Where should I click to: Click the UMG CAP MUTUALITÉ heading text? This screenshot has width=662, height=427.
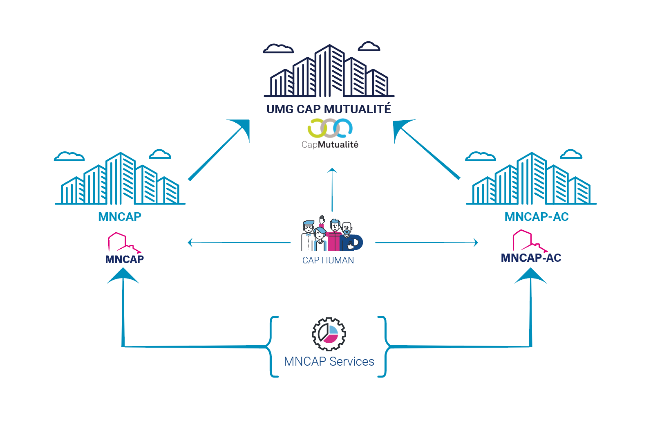point(329,109)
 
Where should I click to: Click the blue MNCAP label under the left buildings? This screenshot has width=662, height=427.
point(120,217)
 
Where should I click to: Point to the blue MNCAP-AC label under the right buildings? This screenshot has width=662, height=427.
point(537,217)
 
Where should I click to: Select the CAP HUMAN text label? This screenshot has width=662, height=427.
point(328,261)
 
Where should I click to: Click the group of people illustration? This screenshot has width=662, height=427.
point(331,235)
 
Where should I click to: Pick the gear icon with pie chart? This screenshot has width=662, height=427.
point(329,334)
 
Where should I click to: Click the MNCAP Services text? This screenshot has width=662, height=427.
point(329,362)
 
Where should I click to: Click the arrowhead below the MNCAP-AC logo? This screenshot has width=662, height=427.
point(530,276)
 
